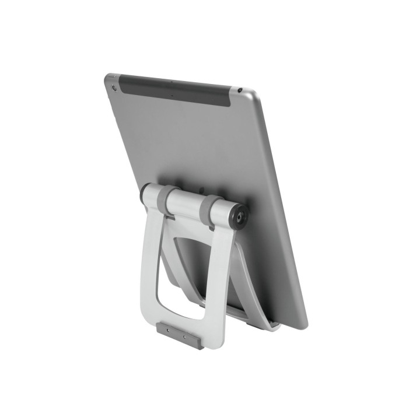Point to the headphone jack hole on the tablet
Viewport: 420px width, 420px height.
coord(240,90)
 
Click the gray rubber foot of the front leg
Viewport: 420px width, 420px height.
coord(179,337)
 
